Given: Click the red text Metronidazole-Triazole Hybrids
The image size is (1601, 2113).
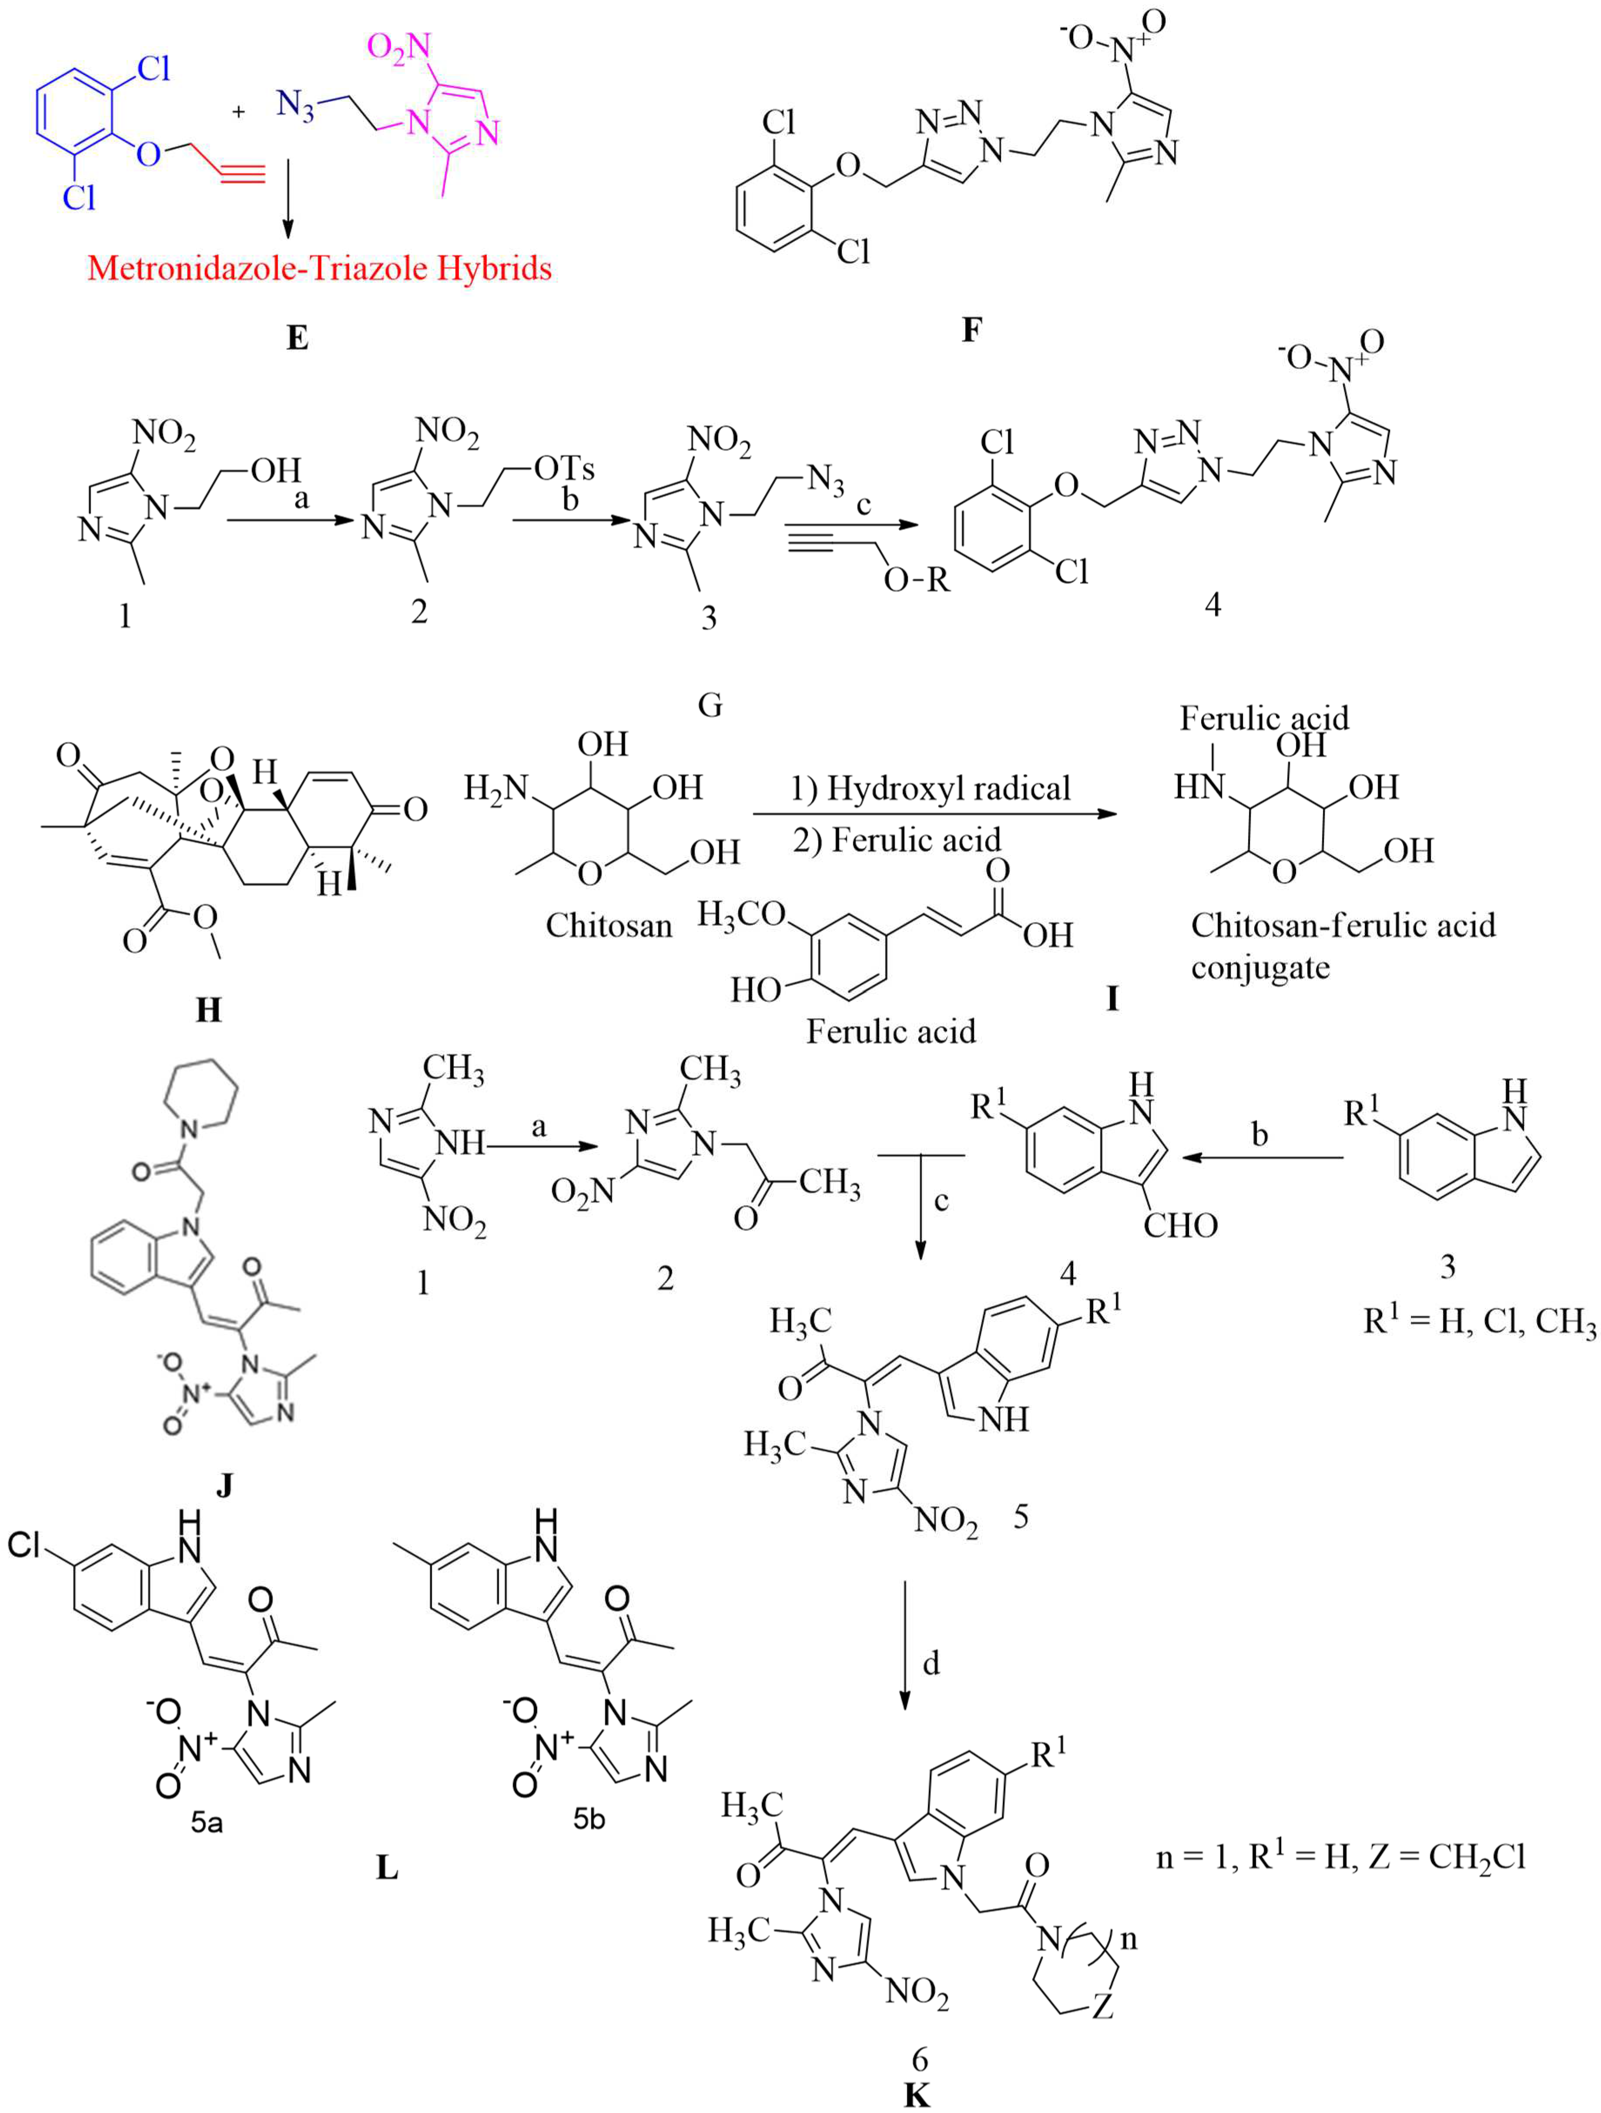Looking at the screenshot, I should (319, 268).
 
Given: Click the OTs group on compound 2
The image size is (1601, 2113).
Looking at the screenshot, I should (563, 469).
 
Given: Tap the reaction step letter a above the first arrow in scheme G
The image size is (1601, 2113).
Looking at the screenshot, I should (302, 498).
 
